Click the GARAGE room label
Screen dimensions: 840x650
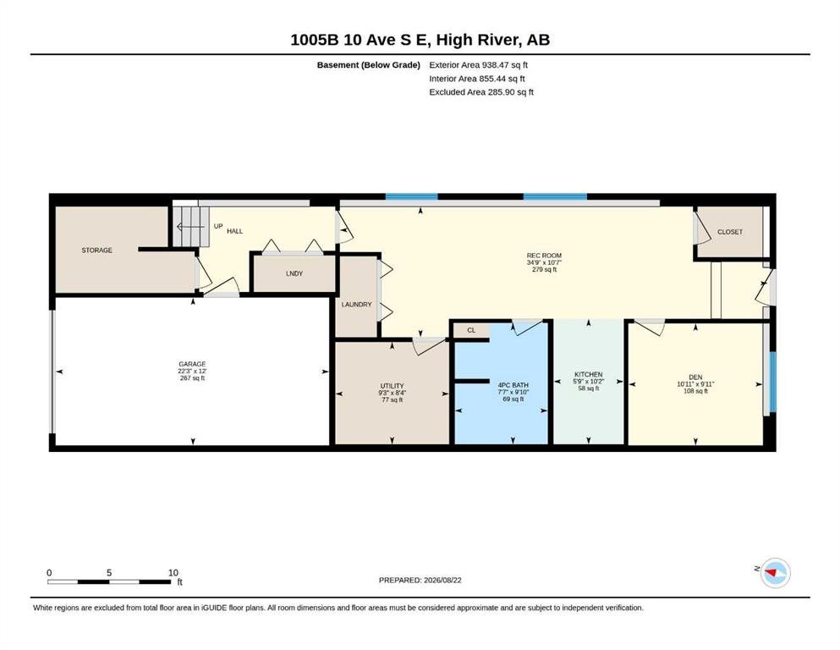coord(192,364)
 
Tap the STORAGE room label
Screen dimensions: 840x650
coord(97,251)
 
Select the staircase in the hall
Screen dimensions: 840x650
coord(189,227)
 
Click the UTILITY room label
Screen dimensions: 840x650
coord(393,386)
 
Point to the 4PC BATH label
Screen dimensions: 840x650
coord(513,385)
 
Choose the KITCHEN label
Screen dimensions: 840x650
coord(588,374)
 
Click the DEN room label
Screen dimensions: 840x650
coord(695,377)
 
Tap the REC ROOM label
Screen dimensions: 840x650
coord(544,256)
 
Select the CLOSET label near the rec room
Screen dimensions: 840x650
coord(730,232)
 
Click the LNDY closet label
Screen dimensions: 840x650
coord(294,273)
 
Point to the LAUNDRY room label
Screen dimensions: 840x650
coord(357,305)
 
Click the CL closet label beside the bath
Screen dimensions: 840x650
coord(471,330)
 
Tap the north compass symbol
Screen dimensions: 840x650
coord(775,573)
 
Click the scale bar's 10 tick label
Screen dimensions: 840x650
coord(173,573)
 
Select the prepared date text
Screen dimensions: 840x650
coord(420,580)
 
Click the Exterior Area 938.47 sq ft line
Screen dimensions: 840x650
coord(479,65)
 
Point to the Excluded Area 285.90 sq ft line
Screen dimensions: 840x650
coord(481,91)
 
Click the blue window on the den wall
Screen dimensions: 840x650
coord(772,382)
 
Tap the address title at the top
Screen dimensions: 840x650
coord(420,40)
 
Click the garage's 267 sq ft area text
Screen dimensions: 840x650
coord(192,377)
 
